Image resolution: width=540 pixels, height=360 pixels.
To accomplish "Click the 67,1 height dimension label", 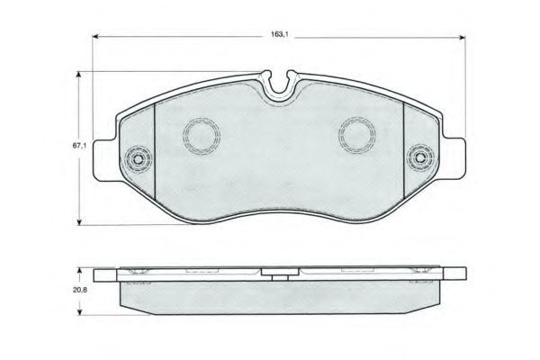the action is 79,146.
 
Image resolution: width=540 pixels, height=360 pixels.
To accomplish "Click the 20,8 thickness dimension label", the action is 79,290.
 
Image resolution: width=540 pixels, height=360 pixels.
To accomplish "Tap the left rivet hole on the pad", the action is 139,158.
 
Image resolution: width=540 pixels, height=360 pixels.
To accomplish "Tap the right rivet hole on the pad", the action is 420,158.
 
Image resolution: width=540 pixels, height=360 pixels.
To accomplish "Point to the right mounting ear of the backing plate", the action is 454,158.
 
